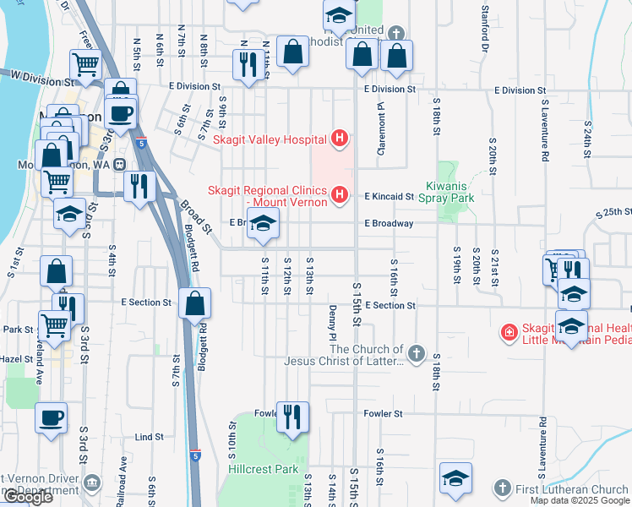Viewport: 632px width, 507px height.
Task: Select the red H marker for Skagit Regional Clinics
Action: (340, 196)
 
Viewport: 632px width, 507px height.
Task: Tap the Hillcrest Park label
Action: (264, 468)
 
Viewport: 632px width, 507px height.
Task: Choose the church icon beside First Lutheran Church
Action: (502, 488)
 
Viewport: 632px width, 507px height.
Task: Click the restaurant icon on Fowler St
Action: (292, 417)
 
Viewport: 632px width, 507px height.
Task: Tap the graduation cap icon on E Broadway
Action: (263, 224)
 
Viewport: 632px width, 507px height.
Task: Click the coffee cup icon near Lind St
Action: (51, 417)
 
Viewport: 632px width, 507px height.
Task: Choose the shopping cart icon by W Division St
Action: (85, 65)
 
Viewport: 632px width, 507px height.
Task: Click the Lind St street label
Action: (149, 437)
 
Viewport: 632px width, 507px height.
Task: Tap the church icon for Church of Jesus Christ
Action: (415, 353)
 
